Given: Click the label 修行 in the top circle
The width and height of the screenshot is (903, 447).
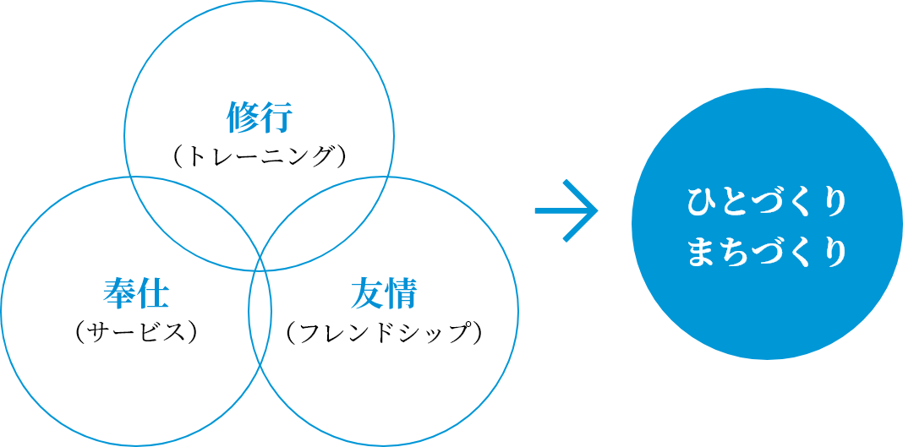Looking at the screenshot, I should (259, 118).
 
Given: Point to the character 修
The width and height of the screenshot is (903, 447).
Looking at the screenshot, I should (242, 118).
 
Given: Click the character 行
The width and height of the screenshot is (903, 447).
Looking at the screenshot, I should (276, 118).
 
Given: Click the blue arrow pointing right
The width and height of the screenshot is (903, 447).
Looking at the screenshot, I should (566, 210).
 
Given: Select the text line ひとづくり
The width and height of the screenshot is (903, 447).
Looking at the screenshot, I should (767, 203).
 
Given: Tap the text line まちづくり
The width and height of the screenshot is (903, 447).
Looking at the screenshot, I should (767, 253).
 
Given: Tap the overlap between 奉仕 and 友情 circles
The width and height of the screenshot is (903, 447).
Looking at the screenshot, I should (260, 321).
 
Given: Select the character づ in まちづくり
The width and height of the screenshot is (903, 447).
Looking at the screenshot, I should (767, 253).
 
